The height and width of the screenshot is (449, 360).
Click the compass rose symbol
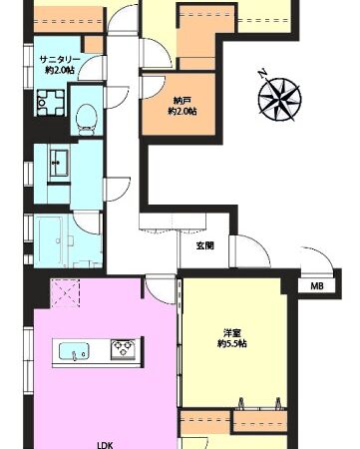pyautogui.click(x=280, y=99)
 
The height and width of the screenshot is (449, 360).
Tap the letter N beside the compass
pyautogui.click(x=263, y=74)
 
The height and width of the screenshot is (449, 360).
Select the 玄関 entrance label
pyautogui.click(x=204, y=245)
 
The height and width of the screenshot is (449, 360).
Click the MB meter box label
pyautogui.click(x=316, y=285)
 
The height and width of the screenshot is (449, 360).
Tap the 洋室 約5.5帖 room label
pyautogui.click(x=232, y=338)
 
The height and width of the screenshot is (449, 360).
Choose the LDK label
pyautogui.click(x=106, y=445)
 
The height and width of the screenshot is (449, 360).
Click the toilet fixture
pyautogui.click(x=87, y=119)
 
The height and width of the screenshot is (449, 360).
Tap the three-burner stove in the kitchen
pyautogui.click(x=124, y=349)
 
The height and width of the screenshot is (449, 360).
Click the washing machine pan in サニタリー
pyautogui.click(x=50, y=103)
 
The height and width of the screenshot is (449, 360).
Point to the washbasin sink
pyautogui.click(x=59, y=163)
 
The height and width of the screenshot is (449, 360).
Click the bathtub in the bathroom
pyautogui.click(x=50, y=240)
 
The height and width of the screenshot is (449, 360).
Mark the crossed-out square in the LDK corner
pyautogui.click(x=65, y=293)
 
